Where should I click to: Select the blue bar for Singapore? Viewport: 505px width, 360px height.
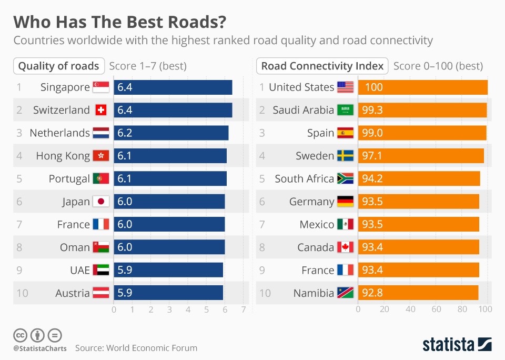(173, 87)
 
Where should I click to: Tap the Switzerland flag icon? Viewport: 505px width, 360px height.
(100, 110)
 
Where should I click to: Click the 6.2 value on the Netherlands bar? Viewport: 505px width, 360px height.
(125, 133)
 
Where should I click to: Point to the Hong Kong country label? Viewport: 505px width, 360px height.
(63, 156)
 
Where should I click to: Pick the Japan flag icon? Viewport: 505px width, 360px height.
(100, 202)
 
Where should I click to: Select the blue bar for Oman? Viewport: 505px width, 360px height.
(169, 247)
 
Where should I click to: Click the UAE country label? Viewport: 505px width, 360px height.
(80, 271)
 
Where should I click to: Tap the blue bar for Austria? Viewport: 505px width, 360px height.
(168, 293)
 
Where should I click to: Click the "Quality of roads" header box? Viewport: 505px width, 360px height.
(59, 66)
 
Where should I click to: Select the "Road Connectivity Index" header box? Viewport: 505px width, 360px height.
(322, 66)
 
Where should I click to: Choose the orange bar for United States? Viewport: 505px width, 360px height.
(423, 87)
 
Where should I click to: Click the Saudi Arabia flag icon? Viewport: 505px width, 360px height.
(345, 110)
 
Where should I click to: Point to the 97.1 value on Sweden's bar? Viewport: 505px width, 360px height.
(372, 156)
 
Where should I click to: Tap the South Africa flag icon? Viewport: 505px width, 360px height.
(345, 179)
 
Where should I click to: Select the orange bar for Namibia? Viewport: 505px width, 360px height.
(418, 293)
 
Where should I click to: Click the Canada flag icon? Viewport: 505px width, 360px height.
(345, 247)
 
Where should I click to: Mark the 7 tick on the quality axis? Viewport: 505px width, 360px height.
(244, 309)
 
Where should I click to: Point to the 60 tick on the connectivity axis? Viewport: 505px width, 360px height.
(436, 309)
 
